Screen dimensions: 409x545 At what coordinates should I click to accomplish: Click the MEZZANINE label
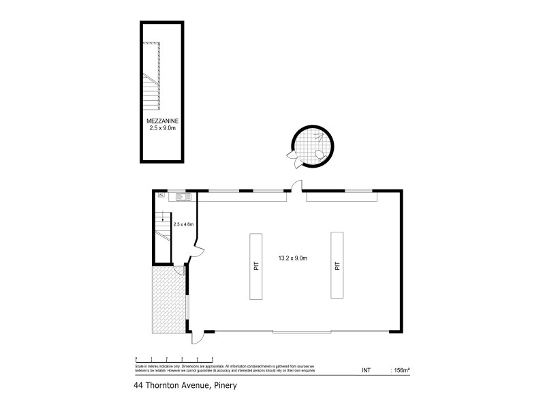[x=162, y=120]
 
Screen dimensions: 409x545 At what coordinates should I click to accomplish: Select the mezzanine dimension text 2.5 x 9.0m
[x=162, y=127]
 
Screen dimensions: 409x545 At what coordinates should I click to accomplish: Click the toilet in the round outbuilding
[x=319, y=153]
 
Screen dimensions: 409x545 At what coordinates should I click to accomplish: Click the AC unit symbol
[x=161, y=195]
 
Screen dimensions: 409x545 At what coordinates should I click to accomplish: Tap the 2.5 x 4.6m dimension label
[x=184, y=224]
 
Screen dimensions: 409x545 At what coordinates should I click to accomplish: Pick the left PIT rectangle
[x=257, y=267]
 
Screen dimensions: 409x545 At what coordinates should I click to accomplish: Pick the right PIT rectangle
[x=337, y=265]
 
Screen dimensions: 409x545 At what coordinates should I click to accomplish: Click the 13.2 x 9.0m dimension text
[x=294, y=258]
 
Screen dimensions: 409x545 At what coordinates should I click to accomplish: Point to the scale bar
[x=175, y=358]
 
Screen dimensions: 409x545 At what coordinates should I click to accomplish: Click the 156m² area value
[x=401, y=370]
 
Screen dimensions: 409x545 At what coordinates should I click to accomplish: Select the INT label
[x=365, y=370]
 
